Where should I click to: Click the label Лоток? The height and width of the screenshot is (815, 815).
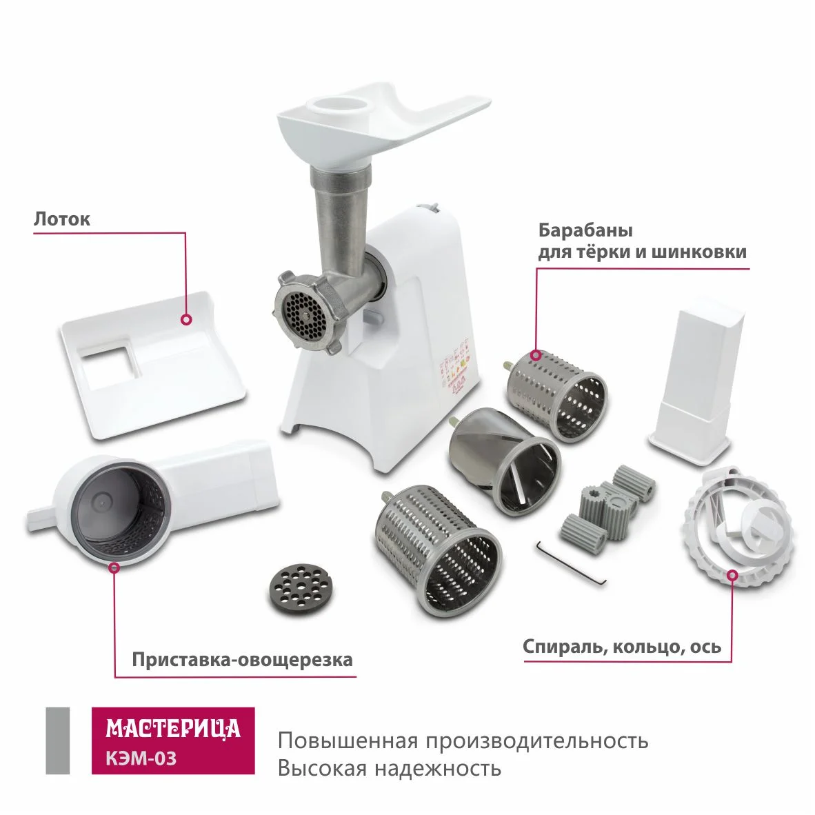pyautogui.click(x=62, y=219)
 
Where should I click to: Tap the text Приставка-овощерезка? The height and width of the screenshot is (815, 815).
pyautogui.click(x=242, y=660)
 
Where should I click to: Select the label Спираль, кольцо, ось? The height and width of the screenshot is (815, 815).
pyautogui.click(x=622, y=647)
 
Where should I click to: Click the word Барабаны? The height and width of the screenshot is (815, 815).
pyautogui.click(x=585, y=230)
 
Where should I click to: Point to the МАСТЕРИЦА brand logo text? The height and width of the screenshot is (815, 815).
pyautogui.click(x=173, y=728)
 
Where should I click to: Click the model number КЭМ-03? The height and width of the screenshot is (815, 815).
pyautogui.click(x=141, y=758)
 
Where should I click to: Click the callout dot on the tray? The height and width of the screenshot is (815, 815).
pyautogui.click(x=186, y=319)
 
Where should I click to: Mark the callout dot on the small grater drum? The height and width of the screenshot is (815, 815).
pyautogui.click(x=535, y=355)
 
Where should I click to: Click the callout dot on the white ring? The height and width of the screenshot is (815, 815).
pyautogui.click(x=732, y=574)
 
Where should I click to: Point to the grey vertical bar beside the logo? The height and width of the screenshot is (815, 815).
pyautogui.click(x=57, y=741)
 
